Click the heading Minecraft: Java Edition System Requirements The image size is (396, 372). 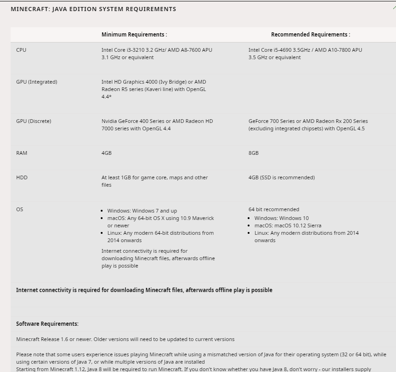(x=93, y=9)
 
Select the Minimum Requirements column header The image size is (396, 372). (x=134, y=35)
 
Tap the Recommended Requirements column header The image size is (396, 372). (x=311, y=35)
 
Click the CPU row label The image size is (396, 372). (x=21, y=50)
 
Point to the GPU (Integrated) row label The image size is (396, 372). (x=37, y=82)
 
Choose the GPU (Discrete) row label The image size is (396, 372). (x=34, y=121)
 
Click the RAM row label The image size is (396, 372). (x=22, y=153)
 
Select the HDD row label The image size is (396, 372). (x=22, y=177)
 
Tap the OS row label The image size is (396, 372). (x=19, y=209)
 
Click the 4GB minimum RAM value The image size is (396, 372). (x=106, y=153)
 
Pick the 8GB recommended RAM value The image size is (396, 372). (x=253, y=153)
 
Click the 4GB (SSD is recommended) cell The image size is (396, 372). (x=281, y=177)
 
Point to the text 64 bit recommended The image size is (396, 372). (x=274, y=209)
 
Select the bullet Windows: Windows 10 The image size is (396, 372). (x=281, y=218)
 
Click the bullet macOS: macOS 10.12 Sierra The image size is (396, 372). (x=287, y=226)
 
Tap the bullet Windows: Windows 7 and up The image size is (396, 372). (x=142, y=211)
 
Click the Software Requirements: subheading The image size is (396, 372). (x=47, y=323)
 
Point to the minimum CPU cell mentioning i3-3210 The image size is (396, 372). (x=157, y=54)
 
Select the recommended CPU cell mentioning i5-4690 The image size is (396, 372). (x=305, y=54)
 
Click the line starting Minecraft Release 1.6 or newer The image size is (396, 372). (x=125, y=339)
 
